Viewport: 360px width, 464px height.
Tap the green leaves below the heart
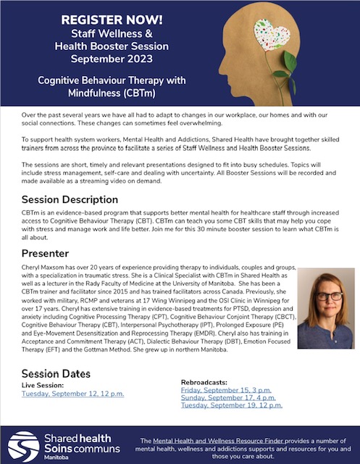pos(289,75)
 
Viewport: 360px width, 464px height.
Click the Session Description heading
pos(70,199)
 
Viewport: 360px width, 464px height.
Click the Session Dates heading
pos(56,373)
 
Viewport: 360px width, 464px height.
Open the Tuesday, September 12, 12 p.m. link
pos(72,394)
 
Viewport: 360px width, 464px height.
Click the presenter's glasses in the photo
pos(325,297)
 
